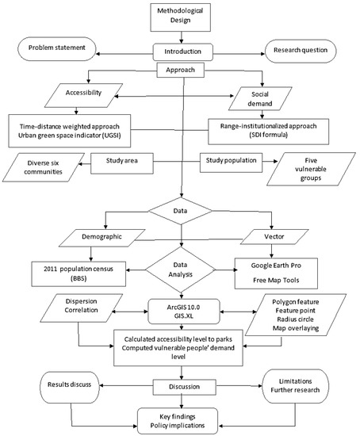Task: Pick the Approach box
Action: click(x=182, y=69)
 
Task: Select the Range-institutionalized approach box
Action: click(x=267, y=128)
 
